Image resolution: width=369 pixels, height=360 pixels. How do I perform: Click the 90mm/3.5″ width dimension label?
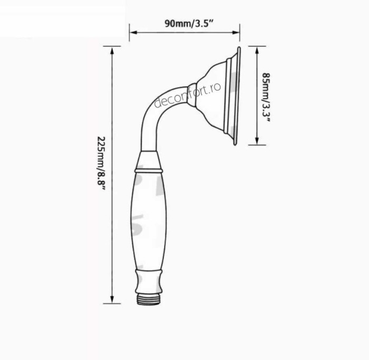tap(184, 23)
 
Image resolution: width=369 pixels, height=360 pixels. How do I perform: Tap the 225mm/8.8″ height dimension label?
tap(101, 163)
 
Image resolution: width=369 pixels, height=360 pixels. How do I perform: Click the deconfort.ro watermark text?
tap(188, 95)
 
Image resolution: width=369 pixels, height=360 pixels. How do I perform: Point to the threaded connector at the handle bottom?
tap(148, 298)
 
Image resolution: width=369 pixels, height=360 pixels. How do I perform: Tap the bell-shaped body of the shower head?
tap(213, 95)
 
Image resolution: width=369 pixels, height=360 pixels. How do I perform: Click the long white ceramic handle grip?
tap(148, 221)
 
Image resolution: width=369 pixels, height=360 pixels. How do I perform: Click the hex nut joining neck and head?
tap(192, 94)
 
